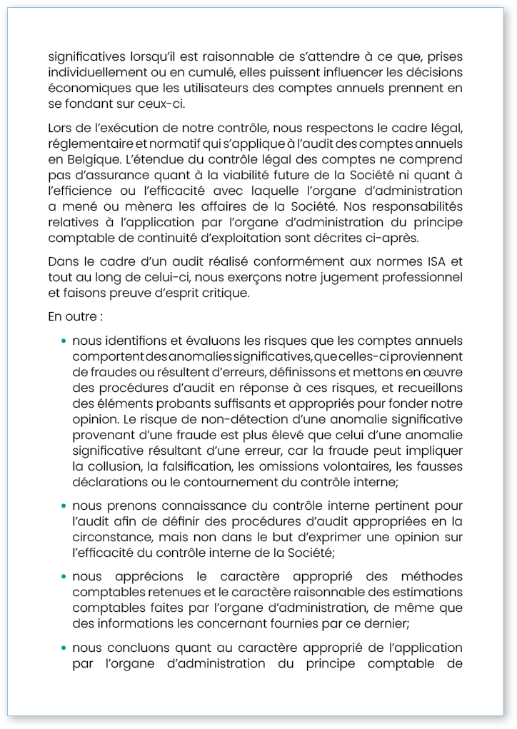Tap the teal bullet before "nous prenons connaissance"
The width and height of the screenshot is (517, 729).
tap(65, 507)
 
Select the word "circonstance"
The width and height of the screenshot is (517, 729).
tap(109, 538)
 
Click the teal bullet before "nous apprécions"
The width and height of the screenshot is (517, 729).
tap(65, 577)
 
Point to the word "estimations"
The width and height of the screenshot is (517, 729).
tap(428, 593)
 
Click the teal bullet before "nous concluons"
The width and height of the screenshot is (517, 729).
tap(65, 648)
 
